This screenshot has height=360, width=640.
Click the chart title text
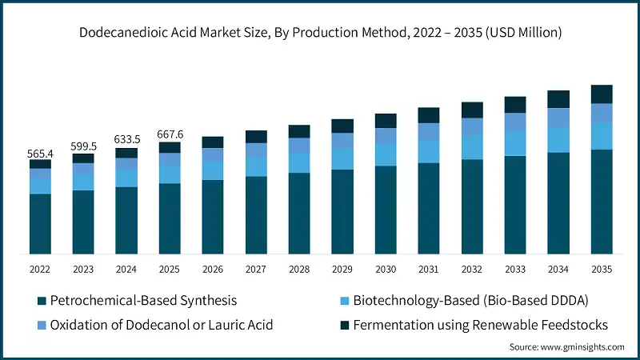point(320,33)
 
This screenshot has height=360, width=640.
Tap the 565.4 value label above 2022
point(40,153)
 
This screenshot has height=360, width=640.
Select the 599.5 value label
point(83,146)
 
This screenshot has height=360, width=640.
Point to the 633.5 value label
point(126,140)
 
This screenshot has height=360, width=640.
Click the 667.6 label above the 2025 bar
point(170,134)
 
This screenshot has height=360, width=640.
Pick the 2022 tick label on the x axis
point(40,269)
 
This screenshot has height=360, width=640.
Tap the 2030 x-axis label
point(386,269)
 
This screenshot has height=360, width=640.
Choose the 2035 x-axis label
point(602,269)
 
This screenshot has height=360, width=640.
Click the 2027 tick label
point(256,269)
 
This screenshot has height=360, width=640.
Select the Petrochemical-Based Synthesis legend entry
point(143,301)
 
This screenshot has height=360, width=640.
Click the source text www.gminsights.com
point(566,346)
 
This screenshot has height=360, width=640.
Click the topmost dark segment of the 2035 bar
point(602,94)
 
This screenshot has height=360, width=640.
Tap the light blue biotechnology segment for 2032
point(472,147)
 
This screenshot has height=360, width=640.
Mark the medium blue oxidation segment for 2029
point(342,141)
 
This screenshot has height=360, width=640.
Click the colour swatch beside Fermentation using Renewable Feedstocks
point(345,325)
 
